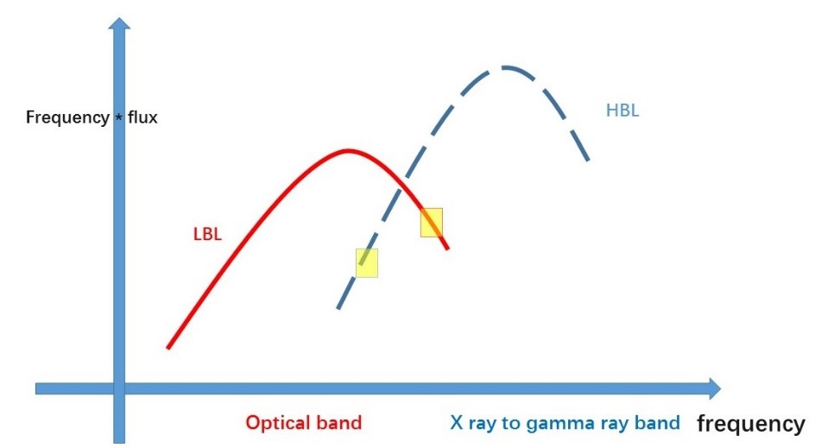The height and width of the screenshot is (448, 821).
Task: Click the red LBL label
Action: tap(207, 234)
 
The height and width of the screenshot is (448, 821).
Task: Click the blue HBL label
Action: tap(622, 110)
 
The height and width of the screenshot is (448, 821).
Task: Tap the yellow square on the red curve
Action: tap(432, 223)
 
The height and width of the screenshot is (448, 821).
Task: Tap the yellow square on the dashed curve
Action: tap(367, 262)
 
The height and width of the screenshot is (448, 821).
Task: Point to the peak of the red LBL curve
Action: tap(347, 152)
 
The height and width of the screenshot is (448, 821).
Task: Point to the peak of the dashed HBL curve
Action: tap(504, 67)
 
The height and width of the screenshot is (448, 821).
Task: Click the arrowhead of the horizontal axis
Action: tap(715, 388)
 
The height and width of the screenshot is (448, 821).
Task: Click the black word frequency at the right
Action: tap(751, 424)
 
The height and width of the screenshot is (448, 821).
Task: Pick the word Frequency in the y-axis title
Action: tap(67, 117)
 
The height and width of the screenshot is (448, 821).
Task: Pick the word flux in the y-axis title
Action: tap(142, 117)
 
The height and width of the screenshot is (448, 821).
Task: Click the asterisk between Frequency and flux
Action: tap(119, 117)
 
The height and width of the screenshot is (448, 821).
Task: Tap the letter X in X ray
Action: tap(457, 422)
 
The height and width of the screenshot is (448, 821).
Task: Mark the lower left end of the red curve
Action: tap(168, 347)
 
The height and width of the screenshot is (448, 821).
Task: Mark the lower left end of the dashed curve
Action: tap(338, 308)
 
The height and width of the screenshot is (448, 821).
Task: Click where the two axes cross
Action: tap(119, 388)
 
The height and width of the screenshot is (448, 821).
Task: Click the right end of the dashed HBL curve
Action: tap(589, 160)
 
